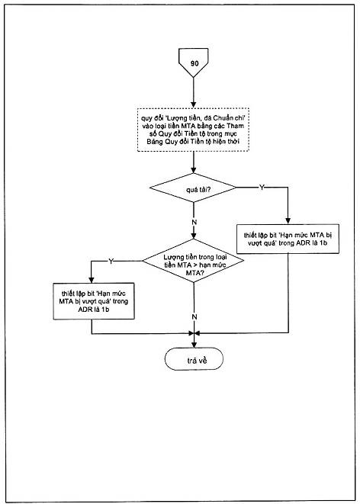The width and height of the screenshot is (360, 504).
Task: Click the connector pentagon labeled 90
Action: tap(193, 63)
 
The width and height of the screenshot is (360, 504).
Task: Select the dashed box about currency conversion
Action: tap(193, 130)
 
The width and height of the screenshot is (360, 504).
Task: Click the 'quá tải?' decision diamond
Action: tap(193, 188)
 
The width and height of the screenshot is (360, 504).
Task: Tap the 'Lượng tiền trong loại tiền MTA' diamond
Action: tap(193, 261)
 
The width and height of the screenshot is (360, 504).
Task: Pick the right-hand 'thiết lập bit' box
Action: tap(288, 239)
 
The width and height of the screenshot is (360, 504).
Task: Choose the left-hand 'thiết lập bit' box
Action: tap(94, 301)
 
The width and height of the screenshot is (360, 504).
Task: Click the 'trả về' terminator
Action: tap(194, 359)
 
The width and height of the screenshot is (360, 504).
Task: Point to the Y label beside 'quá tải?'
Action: tap(262, 188)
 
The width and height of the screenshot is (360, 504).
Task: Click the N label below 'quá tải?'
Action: tap(194, 223)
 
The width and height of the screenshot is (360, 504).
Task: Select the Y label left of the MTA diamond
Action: tap(111, 262)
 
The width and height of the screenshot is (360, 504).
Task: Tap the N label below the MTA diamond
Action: tap(194, 317)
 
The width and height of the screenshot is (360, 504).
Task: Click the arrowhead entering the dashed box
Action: tap(193, 105)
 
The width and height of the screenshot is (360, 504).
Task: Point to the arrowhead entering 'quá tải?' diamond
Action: tap(193, 170)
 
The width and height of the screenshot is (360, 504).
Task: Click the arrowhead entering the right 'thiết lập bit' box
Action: tap(288, 221)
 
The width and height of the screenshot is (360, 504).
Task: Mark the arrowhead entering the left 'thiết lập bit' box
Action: tap(92, 280)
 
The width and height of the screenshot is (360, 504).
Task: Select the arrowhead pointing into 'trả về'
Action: tap(194, 345)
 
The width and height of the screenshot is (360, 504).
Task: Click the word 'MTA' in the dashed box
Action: tap(181, 126)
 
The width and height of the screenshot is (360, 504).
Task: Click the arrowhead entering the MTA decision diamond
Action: tap(193, 236)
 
